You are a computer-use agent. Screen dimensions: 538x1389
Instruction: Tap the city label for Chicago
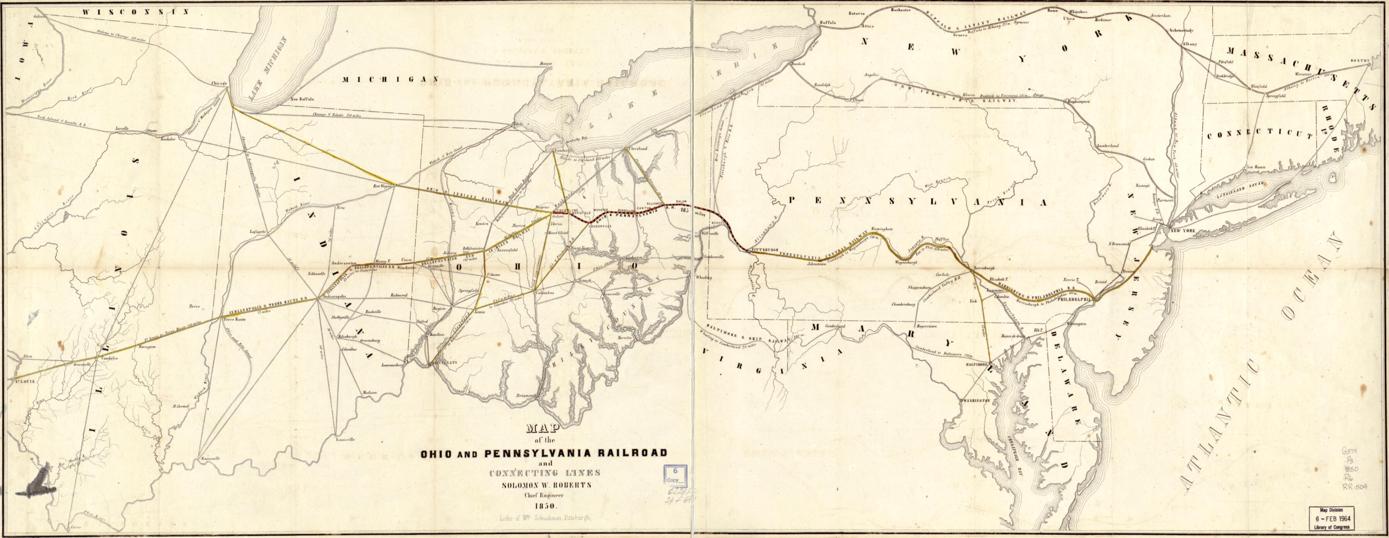tap(221, 84)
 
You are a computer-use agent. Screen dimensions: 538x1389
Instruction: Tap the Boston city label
tap(1359, 75)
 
